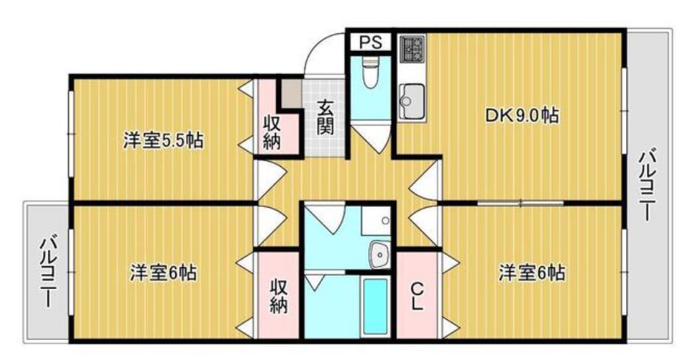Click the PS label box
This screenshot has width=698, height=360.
pos(370,42)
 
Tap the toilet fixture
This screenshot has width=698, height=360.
pos(370,73)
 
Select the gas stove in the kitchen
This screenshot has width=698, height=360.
pos(413,49)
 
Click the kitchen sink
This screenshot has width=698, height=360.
pos(411,101)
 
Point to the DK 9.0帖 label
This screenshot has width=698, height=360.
pos(522,116)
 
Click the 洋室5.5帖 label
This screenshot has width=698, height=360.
pos(163,140)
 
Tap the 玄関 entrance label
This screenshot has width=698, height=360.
pos(325,118)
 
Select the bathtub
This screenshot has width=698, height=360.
pos(375,307)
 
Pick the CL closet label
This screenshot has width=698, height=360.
pos(417,296)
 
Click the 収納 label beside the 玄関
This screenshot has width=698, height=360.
pos(271,132)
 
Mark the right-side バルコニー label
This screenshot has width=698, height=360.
pos(647,186)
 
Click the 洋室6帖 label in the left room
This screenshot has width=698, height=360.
pos(163,272)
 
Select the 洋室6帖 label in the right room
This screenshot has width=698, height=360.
pos(532,272)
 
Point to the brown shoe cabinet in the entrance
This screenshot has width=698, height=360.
pos(291,92)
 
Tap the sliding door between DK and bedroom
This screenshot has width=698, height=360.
pos(521,203)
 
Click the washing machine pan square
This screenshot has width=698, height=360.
pos(376,220)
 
